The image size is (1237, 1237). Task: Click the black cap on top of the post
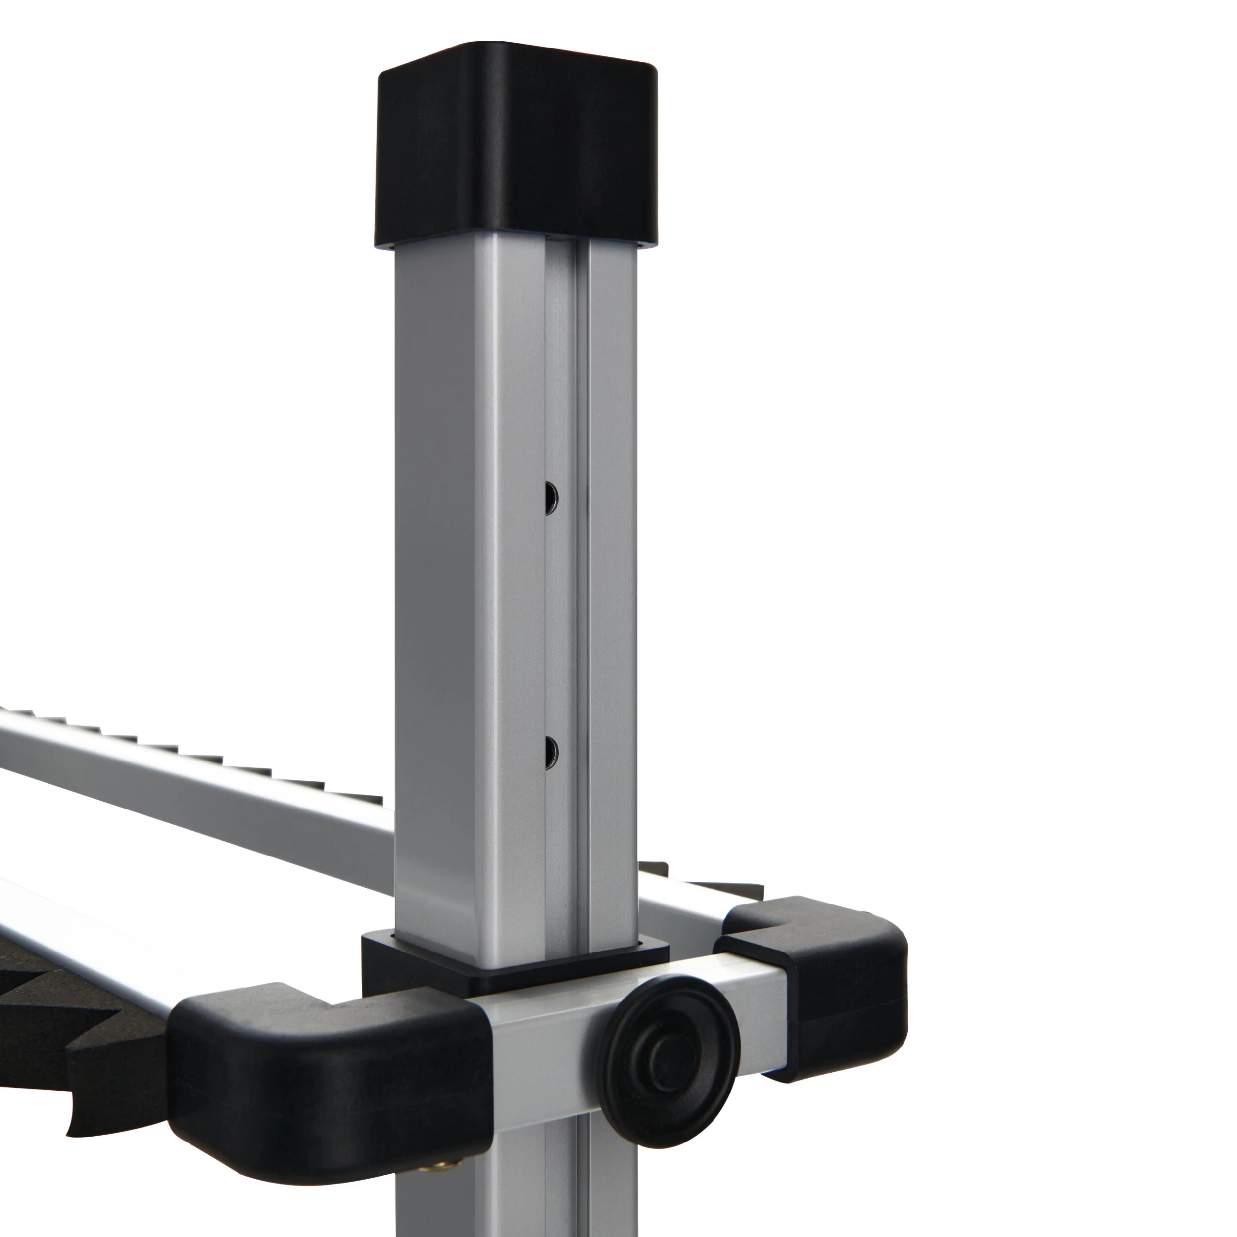(x=516, y=154)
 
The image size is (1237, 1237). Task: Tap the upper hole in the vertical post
(x=551, y=497)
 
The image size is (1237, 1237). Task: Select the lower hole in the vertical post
(x=551, y=752)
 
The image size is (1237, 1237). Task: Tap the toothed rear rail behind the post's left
(x=192, y=781)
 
